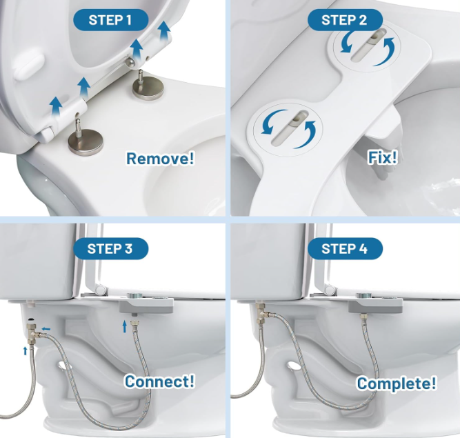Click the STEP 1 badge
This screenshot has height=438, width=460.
(x=110, y=20)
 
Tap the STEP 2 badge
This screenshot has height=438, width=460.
(x=345, y=20)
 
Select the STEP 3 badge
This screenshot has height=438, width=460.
(x=110, y=248)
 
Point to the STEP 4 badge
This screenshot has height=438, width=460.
(x=345, y=248)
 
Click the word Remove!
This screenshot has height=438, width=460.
(x=160, y=159)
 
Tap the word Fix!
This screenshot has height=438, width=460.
(x=383, y=157)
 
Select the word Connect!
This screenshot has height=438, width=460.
(x=159, y=381)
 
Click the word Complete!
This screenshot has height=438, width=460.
(x=397, y=383)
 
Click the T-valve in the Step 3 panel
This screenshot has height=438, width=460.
(x=33, y=333)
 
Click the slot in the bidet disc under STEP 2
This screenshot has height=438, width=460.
(x=369, y=45)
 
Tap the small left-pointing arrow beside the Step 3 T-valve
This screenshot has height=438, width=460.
(x=46, y=329)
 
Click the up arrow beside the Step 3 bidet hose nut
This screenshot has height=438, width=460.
(x=125, y=326)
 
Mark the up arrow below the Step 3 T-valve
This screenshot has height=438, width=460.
(x=26, y=350)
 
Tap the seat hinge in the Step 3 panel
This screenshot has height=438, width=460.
(x=101, y=290)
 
